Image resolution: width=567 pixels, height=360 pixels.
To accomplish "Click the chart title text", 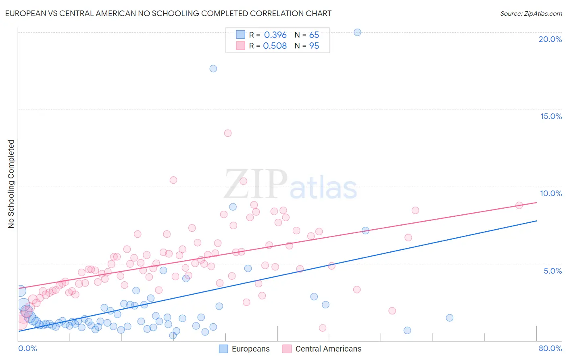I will (168, 13).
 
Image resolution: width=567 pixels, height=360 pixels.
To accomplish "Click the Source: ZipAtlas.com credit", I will (531, 13).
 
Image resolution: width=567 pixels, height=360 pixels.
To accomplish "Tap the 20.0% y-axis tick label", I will (550, 39).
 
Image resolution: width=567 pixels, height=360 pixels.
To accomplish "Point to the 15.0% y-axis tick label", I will (551, 116).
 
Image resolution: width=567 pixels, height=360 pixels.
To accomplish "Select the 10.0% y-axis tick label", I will (551, 193).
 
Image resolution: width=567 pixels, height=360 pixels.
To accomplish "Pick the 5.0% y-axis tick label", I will (552, 271).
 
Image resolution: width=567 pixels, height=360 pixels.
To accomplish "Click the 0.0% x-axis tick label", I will (27, 348).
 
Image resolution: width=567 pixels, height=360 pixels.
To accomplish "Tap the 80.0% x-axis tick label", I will (550, 348).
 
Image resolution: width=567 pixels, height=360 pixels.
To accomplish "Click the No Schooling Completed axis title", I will (11, 184).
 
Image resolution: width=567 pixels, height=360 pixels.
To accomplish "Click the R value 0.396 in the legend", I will (275, 35).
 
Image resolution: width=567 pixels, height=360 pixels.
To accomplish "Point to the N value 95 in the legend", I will (314, 46).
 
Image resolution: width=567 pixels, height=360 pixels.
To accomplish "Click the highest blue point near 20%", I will (357, 32).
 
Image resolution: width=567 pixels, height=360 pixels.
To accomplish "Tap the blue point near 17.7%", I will (213, 69).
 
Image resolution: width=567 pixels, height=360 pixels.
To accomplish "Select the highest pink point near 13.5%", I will (228, 133).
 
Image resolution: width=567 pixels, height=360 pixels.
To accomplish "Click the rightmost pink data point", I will (519, 205).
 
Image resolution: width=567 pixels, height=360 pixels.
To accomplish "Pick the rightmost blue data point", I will (450, 318).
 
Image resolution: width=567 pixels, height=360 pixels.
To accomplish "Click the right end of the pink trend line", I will (536, 202).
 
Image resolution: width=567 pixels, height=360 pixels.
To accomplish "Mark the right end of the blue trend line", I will (536, 221).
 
